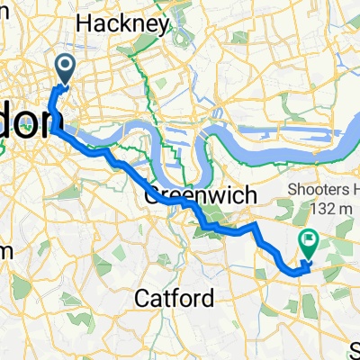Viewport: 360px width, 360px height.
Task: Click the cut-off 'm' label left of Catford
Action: [4, 249]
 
